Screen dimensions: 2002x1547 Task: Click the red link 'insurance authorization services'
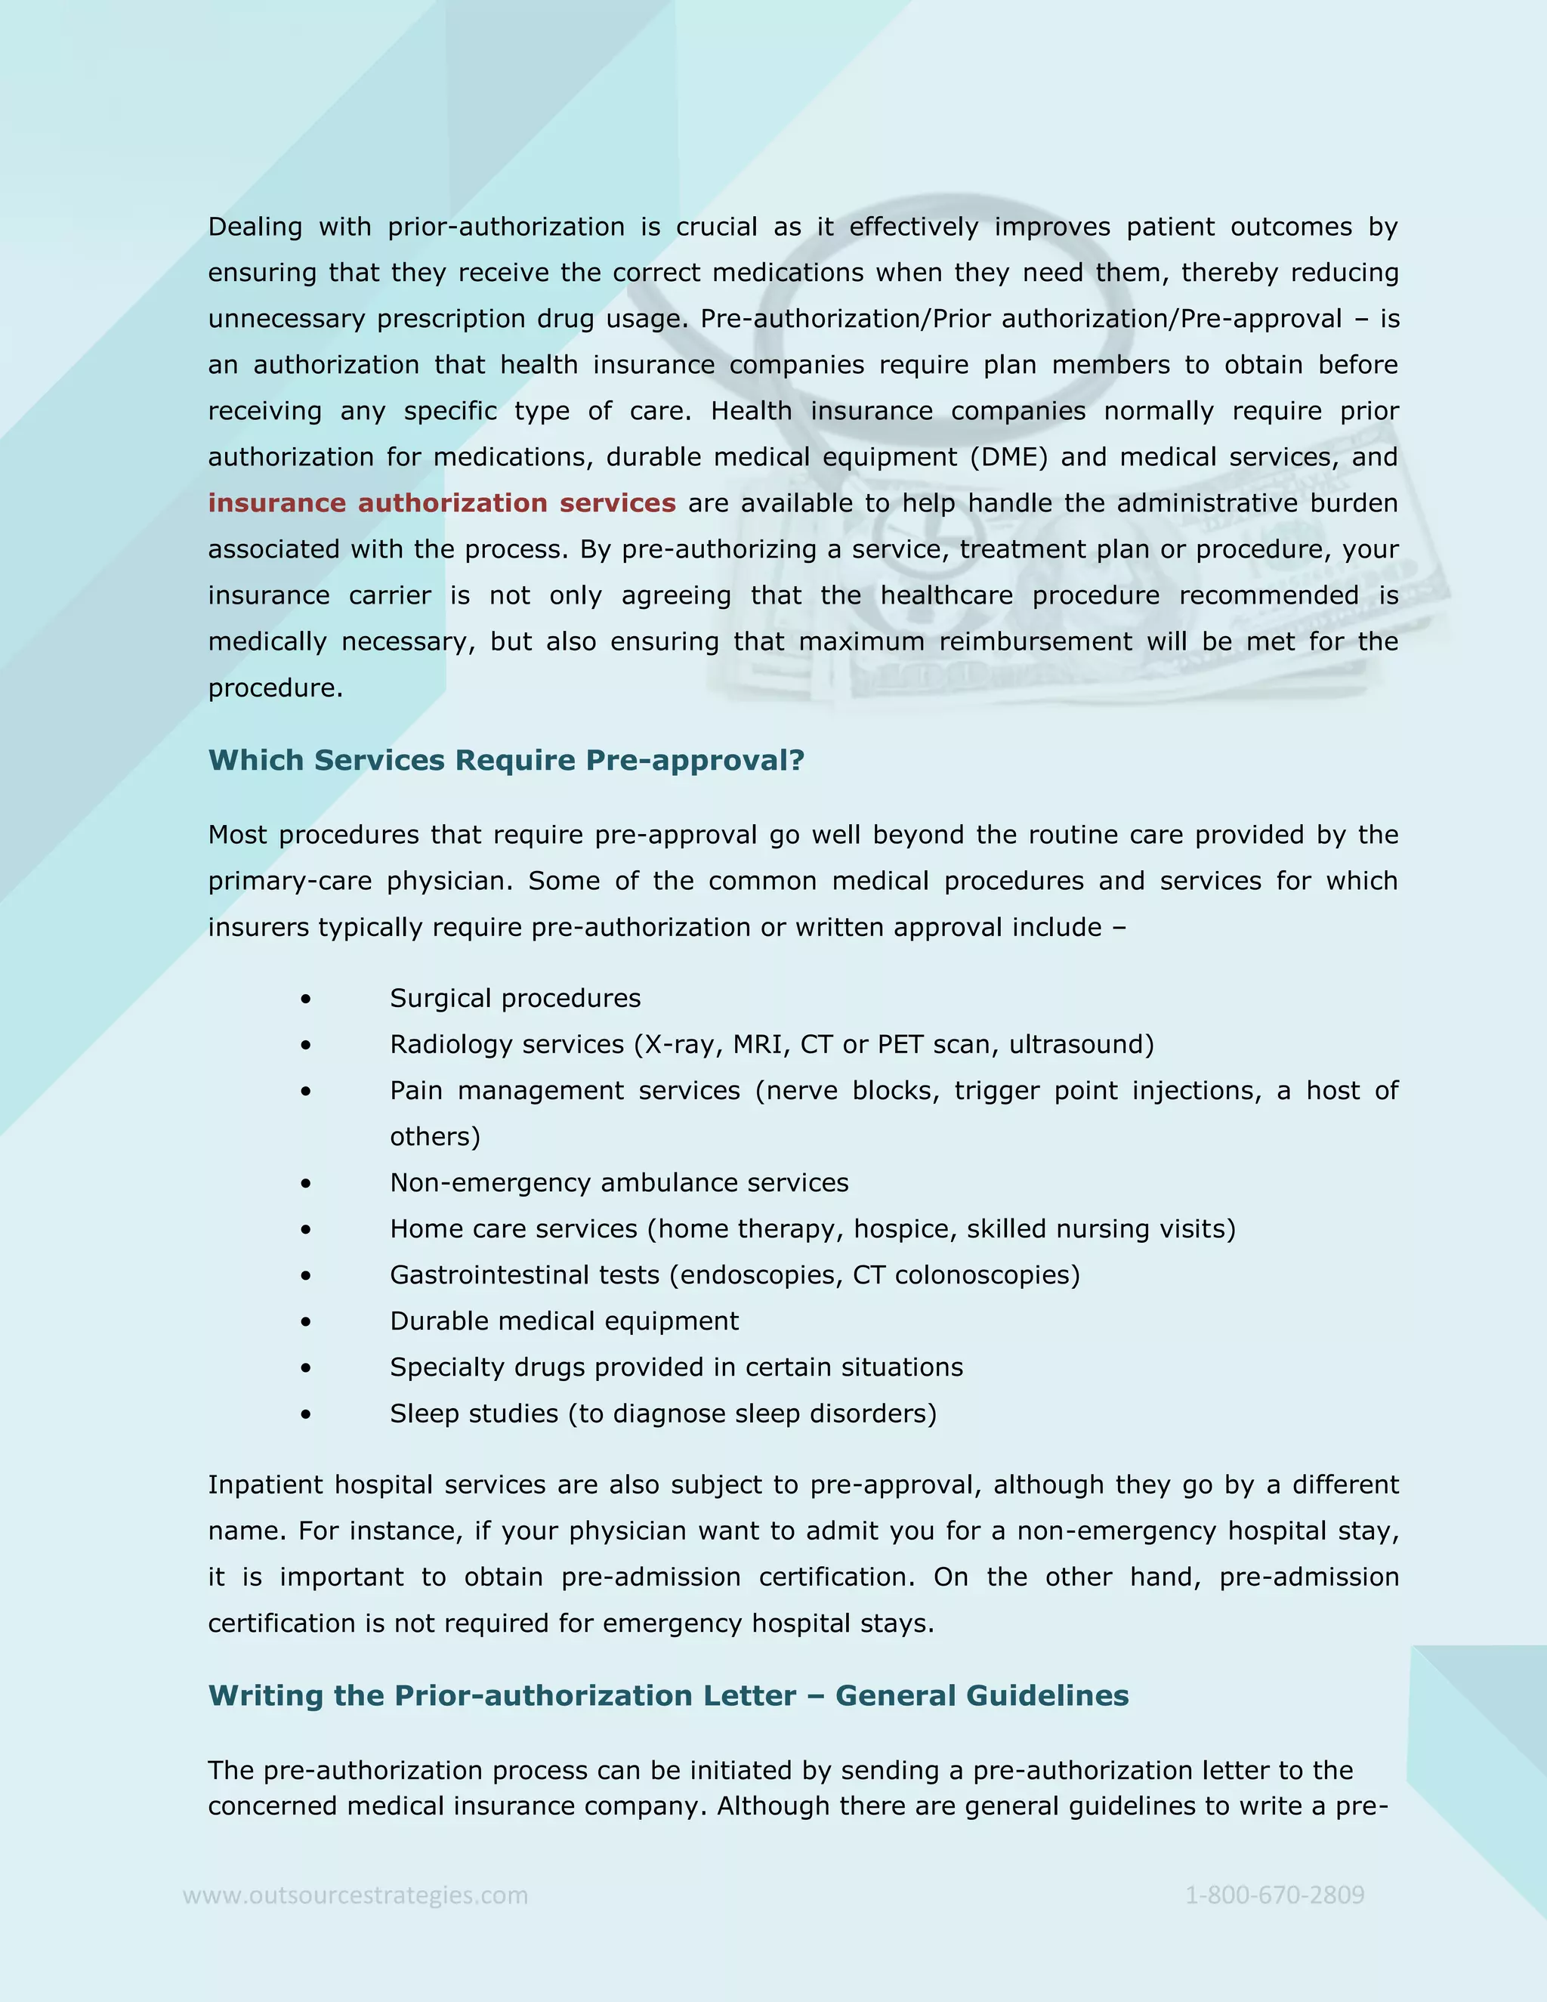441,503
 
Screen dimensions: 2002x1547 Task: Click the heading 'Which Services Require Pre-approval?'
506,760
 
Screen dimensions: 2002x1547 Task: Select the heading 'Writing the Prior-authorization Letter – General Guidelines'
668,1695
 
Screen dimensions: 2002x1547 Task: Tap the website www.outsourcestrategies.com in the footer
356,1895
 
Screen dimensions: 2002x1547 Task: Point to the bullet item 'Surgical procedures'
515,998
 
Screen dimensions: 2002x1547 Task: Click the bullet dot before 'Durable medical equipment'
305,1322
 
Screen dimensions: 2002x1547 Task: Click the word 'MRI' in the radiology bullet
757,1045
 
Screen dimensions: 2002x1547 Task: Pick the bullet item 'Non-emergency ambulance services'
619,1183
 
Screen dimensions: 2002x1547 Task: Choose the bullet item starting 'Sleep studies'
662,1413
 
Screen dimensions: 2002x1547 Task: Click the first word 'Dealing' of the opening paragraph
255,227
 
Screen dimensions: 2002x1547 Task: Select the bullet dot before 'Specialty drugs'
305,1367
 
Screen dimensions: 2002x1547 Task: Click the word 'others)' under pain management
434,1137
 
